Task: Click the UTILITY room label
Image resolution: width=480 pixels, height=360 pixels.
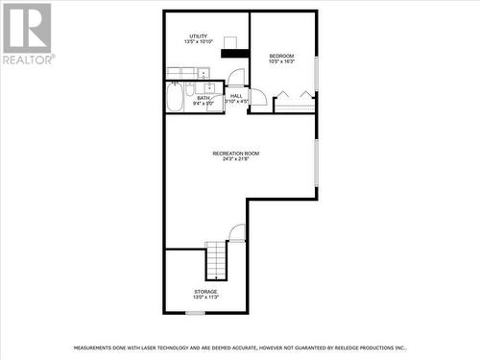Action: pos(198,36)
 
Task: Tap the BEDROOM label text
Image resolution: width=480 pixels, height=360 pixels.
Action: pos(282,55)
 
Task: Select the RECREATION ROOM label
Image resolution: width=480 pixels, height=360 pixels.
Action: pos(236,154)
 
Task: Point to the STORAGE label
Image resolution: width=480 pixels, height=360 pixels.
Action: pos(205,291)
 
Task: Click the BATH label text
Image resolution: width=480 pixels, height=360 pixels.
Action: pos(204,97)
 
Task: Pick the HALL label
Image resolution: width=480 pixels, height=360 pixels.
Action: pos(236,96)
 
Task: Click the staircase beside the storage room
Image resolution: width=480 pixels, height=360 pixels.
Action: pos(218,259)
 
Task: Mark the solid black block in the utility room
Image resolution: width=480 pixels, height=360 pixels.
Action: pos(235,52)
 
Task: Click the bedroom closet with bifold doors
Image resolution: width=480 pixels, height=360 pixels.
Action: pos(295,101)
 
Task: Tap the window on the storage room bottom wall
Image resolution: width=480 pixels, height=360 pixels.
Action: pos(195,312)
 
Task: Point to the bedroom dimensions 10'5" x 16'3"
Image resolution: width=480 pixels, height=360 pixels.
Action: pos(282,60)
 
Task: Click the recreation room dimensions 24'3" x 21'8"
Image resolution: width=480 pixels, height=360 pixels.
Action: pos(236,159)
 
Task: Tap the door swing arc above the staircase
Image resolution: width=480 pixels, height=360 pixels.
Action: pos(237,232)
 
